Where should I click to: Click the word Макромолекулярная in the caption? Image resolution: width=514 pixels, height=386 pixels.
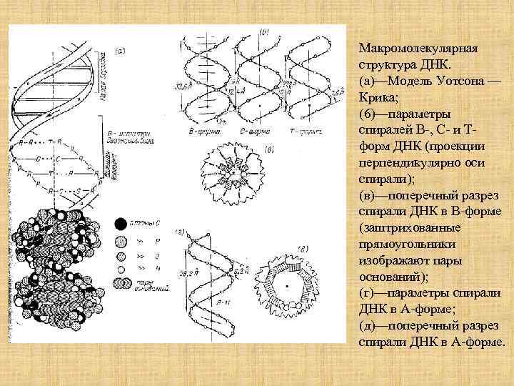[x=417, y=48]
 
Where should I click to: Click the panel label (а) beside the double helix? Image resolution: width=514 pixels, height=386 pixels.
[x=121, y=51]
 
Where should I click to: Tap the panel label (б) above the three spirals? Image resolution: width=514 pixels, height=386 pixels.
[x=263, y=32]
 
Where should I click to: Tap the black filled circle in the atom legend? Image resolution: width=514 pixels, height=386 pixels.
[x=121, y=223]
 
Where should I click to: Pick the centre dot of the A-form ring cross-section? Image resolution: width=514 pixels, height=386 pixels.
[x=287, y=284]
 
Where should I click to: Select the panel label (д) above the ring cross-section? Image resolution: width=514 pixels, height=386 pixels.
[x=303, y=248]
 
